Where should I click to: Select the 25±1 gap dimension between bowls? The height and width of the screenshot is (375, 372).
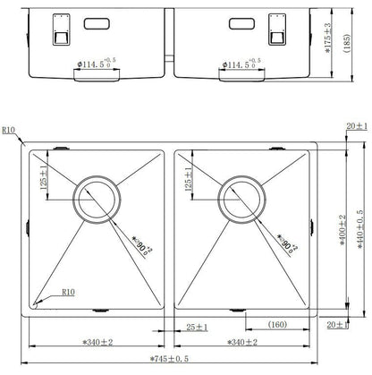[197, 327]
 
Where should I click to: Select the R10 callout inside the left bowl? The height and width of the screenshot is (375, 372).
[68, 291]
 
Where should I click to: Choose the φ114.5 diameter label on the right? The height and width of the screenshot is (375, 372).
[243, 64]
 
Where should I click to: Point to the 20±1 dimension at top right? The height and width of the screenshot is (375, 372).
[355, 126]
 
